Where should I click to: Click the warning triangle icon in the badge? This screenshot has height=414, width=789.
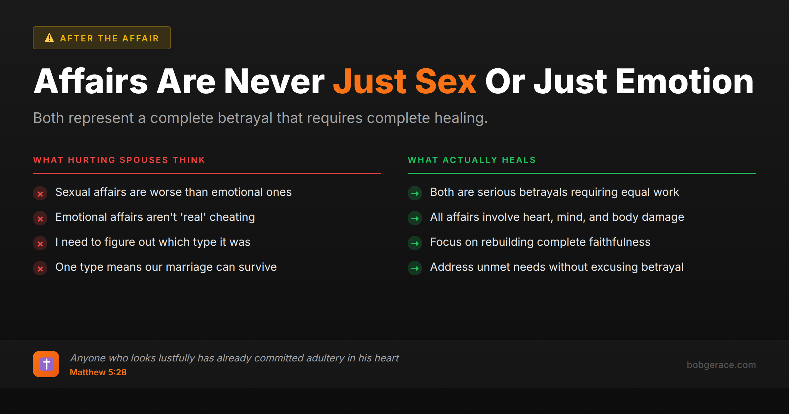click(49, 38)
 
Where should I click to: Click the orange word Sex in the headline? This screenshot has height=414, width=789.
click(445, 81)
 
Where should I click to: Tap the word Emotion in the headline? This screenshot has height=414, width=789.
click(684, 81)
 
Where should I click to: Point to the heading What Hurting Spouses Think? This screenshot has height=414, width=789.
click(119, 160)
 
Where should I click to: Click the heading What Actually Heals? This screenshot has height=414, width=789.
click(472, 160)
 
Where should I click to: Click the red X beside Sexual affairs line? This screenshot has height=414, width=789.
click(40, 194)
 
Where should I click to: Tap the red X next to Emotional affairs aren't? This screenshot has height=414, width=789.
click(40, 219)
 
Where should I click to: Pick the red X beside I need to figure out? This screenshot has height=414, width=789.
click(40, 244)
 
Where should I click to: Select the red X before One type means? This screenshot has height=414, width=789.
click(40, 269)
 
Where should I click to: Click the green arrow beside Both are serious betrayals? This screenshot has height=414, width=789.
click(415, 194)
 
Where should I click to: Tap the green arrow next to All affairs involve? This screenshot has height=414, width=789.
click(415, 218)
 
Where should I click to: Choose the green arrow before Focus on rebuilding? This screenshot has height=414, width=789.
click(415, 243)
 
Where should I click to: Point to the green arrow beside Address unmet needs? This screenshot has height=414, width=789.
click(415, 268)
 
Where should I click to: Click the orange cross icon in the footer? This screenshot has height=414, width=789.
click(46, 364)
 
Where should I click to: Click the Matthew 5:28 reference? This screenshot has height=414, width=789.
click(98, 372)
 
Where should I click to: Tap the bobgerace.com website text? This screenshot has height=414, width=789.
click(721, 365)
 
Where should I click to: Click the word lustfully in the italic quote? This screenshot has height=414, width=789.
click(177, 358)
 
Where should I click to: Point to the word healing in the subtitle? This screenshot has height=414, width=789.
click(461, 118)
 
